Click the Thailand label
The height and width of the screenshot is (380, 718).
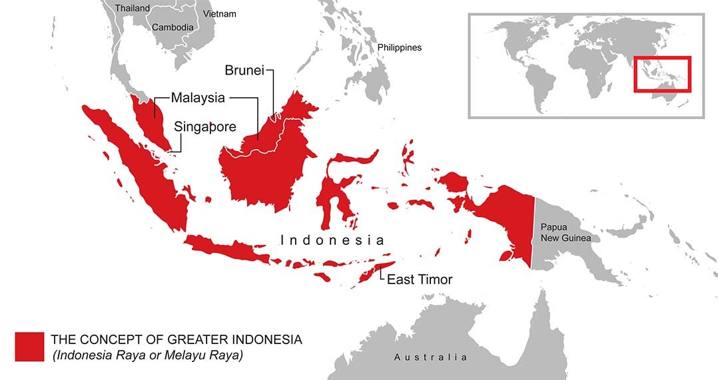point(132,8)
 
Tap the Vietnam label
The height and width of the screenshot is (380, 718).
point(219,13)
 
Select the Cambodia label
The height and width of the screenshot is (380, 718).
point(173,27)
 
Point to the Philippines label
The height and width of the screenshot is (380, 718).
point(399,47)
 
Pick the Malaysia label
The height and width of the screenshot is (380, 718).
point(198,98)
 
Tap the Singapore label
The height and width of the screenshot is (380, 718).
point(204,126)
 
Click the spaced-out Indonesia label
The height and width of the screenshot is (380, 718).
point(332,240)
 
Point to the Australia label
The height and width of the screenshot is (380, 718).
point(430,357)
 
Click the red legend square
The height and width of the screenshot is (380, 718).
point(29,347)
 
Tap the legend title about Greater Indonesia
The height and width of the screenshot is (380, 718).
point(176,340)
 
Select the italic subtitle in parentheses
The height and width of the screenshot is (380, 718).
point(148,356)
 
